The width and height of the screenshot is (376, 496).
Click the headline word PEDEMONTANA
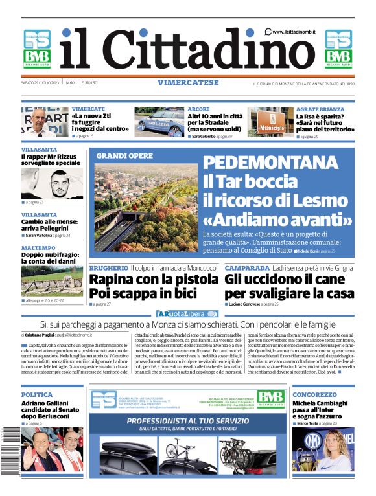[276, 163]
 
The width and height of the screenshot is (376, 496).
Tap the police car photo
[159, 122]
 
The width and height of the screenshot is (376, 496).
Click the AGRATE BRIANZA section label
[320, 109]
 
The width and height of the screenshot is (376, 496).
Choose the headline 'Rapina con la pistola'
[153, 280]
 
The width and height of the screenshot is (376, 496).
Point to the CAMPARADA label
[247, 267]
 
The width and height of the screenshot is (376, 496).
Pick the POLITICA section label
[37, 394]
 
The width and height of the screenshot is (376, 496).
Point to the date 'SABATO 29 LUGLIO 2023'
[41, 83]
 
